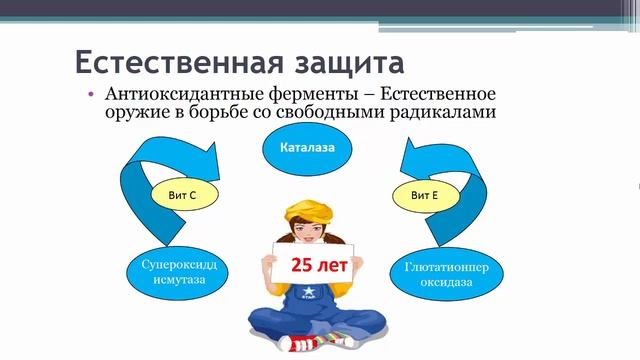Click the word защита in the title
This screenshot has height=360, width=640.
coord(339,62)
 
